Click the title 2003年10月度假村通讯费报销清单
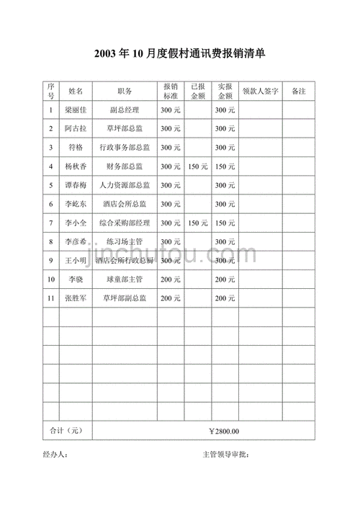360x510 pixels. click(179, 53)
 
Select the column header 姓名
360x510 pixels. click(76, 91)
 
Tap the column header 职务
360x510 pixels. click(124, 91)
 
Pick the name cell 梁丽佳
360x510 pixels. click(76, 110)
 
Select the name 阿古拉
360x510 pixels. click(76, 129)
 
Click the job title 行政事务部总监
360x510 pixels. click(124, 148)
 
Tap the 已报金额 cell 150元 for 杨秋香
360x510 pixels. click(197, 166)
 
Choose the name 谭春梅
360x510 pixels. click(76, 185)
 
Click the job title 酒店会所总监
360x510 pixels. click(124, 204)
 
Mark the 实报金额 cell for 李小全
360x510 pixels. click(225, 223)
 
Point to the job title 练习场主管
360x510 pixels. click(124, 241)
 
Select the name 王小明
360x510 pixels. click(76, 260)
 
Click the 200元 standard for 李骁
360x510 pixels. click(171, 279)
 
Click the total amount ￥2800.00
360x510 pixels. click(223, 431)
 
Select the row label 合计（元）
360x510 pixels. click(66, 431)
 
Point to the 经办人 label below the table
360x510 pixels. click(55, 455)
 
